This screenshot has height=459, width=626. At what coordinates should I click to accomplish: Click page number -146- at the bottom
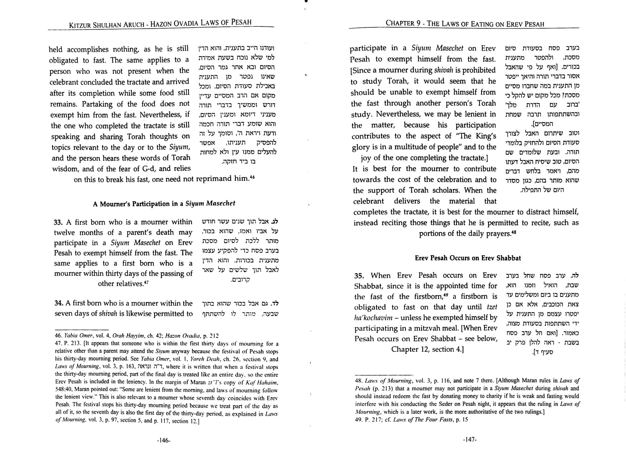tap(163, 440)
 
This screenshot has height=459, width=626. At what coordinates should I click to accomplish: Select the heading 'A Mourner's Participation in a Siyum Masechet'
tap(164, 203)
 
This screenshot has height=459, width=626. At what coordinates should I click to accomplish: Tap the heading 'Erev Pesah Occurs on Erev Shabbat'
tap(468, 258)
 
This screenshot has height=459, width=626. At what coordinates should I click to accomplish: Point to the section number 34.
tap(58, 303)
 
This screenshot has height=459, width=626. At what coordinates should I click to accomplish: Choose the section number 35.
tap(359, 276)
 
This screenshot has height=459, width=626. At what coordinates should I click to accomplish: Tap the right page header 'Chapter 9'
tap(403, 23)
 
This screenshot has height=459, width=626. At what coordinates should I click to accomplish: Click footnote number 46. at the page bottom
tap(58, 336)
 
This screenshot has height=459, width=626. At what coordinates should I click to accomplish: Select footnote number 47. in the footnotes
tap(59, 344)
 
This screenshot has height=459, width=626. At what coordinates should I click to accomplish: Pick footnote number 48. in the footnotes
tap(359, 381)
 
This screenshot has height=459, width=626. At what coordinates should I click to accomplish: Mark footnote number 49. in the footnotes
tap(359, 420)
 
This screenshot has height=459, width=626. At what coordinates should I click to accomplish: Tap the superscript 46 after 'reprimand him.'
tap(252, 177)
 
